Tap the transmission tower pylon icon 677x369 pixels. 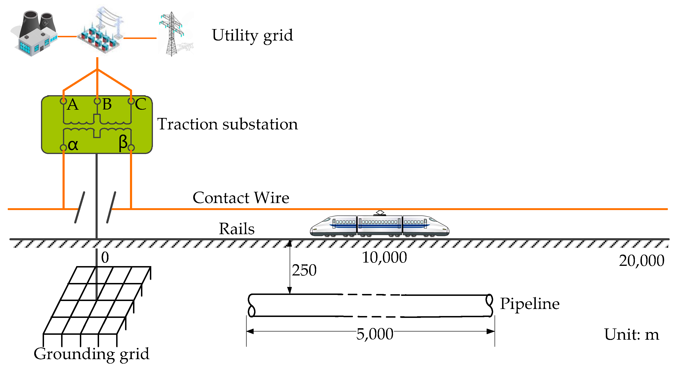172,34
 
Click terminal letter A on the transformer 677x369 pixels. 73,105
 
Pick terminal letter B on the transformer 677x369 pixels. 107,104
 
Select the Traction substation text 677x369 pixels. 228,124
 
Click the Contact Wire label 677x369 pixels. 241,198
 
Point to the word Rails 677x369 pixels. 237,229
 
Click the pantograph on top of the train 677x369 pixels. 380,213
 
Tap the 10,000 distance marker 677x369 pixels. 384,257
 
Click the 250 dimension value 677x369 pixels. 304,270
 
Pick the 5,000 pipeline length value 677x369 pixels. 374,334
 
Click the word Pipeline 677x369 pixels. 529,304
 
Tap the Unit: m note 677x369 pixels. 632,335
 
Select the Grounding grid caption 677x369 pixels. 92,354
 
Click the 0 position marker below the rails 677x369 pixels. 105,257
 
